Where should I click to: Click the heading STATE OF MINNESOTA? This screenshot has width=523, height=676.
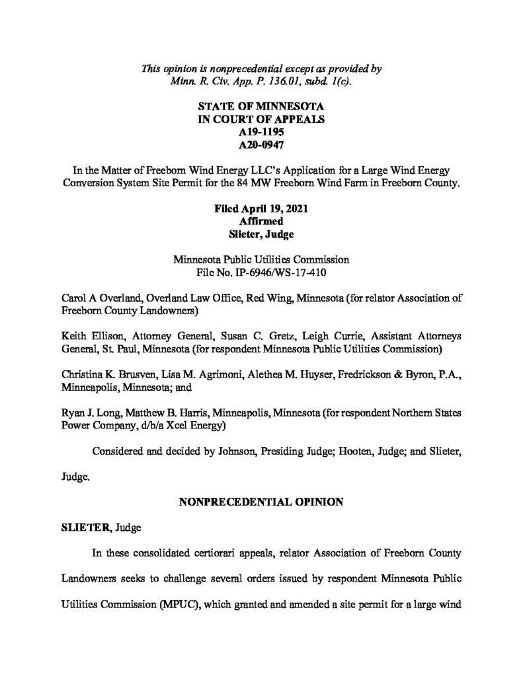click(x=261, y=106)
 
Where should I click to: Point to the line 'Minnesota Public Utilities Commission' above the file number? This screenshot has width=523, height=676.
click(x=261, y=258)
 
